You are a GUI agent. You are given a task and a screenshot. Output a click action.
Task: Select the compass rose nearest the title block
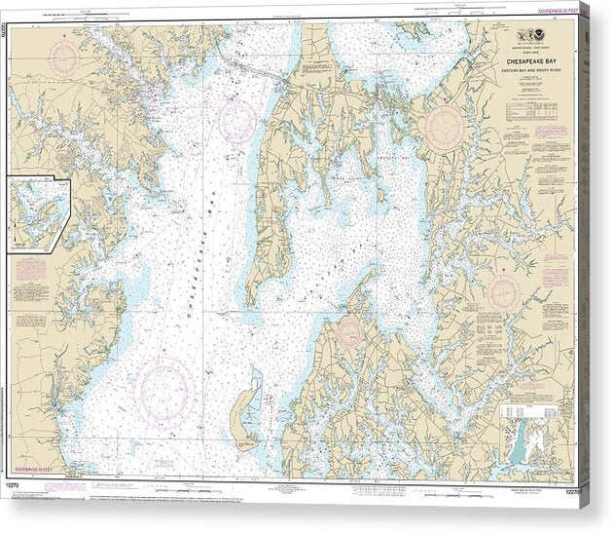coord(445,127)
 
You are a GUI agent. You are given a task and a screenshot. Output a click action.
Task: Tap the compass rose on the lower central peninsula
coord(349,332)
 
